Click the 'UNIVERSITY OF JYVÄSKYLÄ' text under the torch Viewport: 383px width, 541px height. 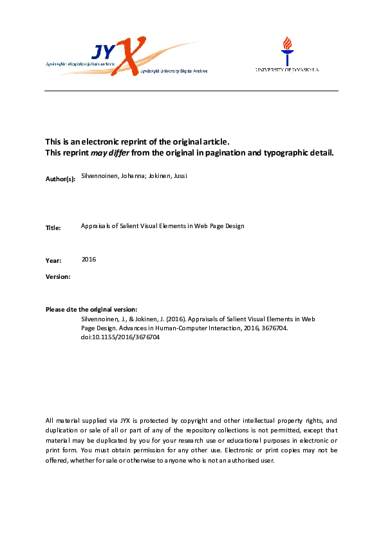[x=286, y=69]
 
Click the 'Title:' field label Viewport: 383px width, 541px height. [x=53, y=227]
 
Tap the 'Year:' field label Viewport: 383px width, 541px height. [x=53, y=260]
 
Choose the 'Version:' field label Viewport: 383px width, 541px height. [x=57, y=276]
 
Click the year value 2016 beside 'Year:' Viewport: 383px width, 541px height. [x=89, y=259]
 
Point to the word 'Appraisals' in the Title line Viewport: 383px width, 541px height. [x=95, y=226]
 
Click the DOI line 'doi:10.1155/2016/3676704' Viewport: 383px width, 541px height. [x=120, y=337]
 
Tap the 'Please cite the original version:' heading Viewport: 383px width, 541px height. [x=91, y=310]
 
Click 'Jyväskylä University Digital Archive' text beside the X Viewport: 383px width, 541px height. [x=174, y=71]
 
